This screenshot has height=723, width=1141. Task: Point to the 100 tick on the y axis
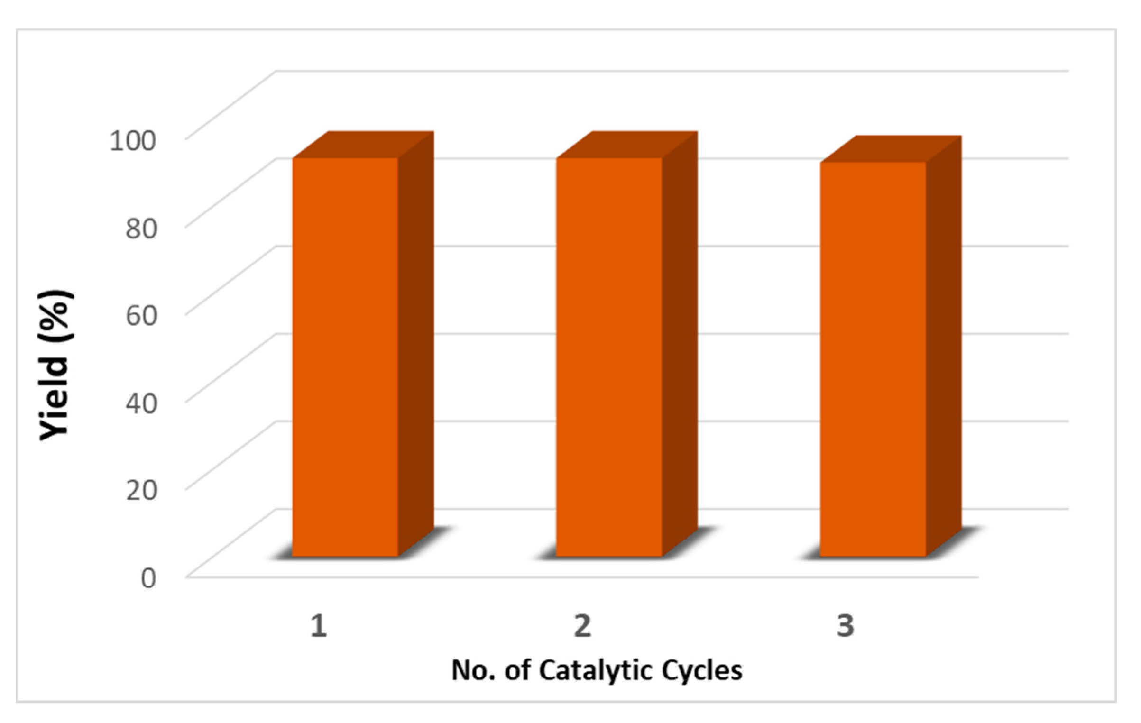(132, 140)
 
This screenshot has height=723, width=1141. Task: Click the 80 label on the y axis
(141, 228)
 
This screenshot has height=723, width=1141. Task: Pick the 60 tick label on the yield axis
(141, 316)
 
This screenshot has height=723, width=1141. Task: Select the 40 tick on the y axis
(141, 403)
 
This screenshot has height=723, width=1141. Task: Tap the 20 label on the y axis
(141, 491)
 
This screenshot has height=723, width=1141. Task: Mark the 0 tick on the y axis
(148, 578)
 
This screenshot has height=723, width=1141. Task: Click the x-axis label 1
(319, 625)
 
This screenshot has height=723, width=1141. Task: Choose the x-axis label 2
(583, 625)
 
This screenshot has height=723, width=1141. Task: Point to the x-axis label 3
(845, 625)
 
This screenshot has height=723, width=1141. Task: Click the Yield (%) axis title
(56, 365)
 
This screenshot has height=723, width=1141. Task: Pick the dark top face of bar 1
(363, 145)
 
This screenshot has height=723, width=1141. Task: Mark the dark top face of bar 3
(892, 149)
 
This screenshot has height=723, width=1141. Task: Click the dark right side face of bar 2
(680, 346)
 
